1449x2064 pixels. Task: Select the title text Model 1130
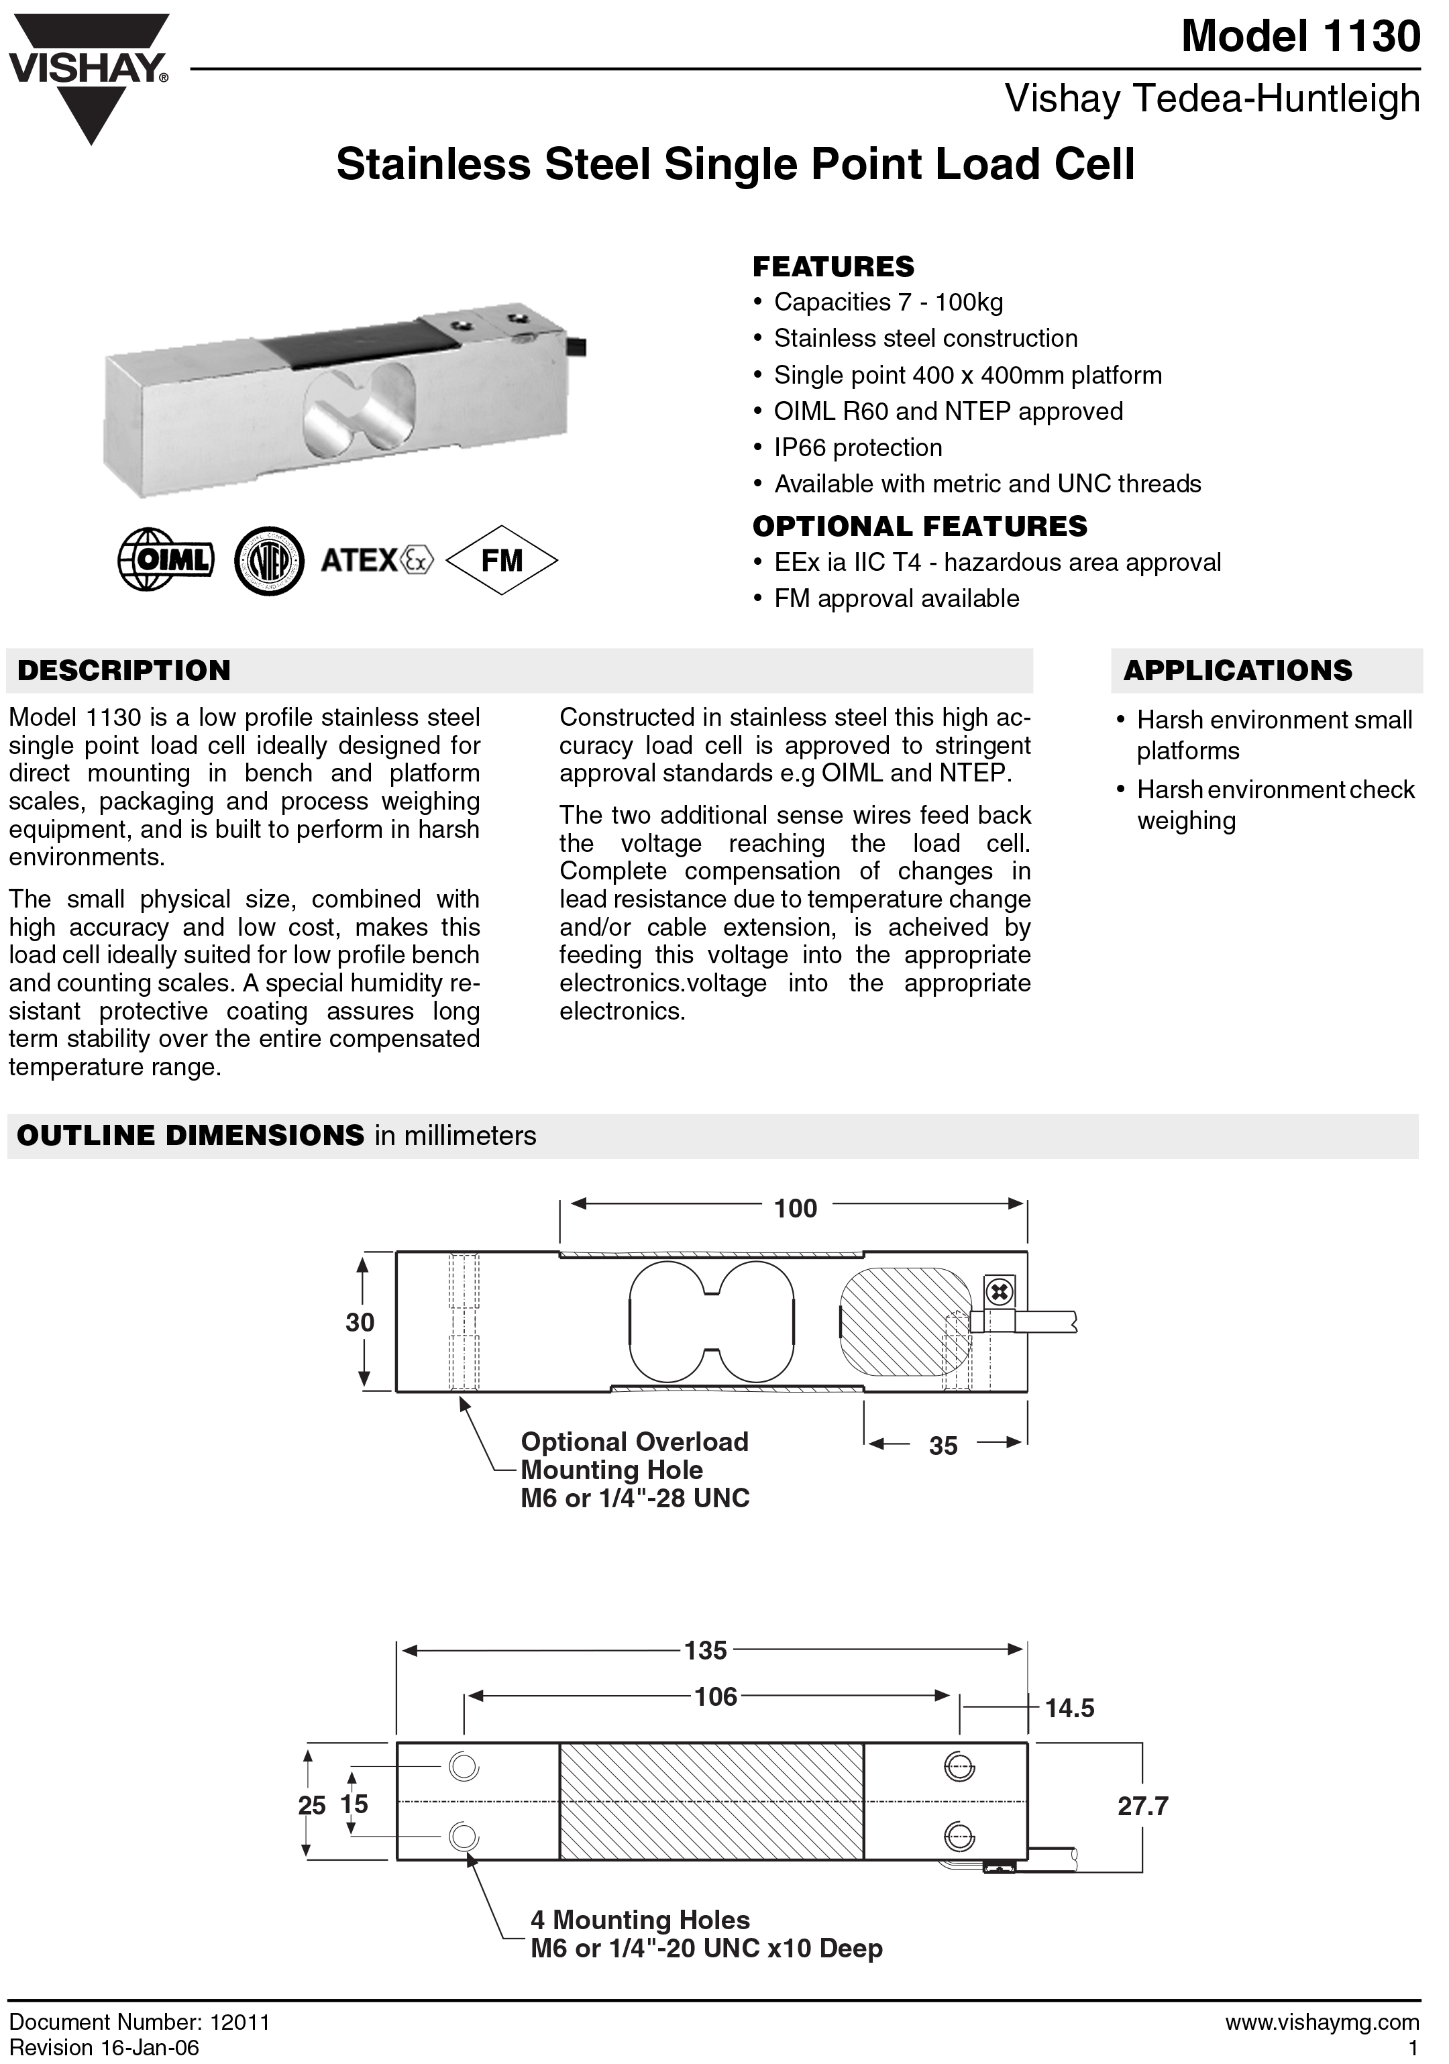pos(1300,37)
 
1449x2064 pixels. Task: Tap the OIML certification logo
pos(166,560)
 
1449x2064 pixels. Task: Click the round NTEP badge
pos(269,561)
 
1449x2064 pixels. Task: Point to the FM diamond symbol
pos(502,560)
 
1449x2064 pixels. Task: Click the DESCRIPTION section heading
pos(124,671)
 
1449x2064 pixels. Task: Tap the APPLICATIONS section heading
pos(1237,671)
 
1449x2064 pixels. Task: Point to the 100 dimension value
pos(796,1208)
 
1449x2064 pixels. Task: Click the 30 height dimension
pos(360,1322)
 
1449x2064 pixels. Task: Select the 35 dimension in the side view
pos(943,1446)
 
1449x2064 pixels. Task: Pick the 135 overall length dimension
pos(706,1651)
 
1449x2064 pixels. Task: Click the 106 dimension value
pos(716,1696)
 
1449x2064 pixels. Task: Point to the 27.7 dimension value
pos(1142,1806)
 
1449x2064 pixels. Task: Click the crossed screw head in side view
pos(1000,1293)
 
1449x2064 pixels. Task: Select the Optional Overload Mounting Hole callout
pos(635,1470)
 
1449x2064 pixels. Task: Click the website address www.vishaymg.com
pos(1322,2022)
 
